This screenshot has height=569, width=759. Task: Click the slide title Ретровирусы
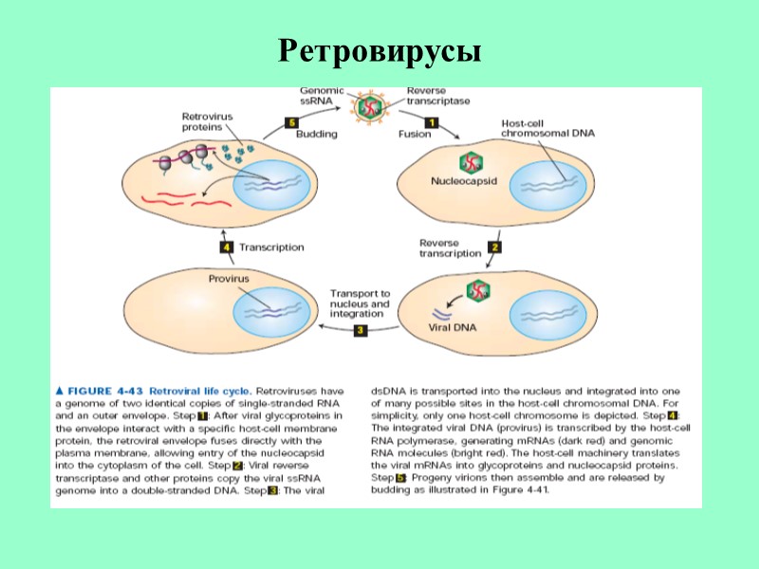[x=379, y=52]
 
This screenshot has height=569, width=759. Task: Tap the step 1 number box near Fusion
[x=431, y=122]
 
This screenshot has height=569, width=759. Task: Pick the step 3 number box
[x=361, y=330]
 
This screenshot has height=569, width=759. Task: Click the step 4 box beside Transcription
[x=226, y=248]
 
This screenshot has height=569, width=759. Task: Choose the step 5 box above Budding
[x=292, y=122]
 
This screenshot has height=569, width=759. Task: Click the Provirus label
[x=229, y=279]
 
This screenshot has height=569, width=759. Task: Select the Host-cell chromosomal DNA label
[x=548, y=129]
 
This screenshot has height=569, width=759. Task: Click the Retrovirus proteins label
[x=208, y=121]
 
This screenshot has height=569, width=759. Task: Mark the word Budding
[x=317, y=134]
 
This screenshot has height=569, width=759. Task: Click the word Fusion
[x=414, y=134]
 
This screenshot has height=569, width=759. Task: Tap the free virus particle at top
[x=365, y=106]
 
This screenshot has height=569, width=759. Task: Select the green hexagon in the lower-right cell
[x=477, y=290]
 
